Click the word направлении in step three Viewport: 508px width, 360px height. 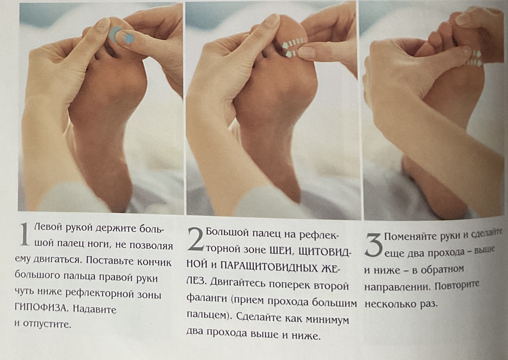coord(396,286)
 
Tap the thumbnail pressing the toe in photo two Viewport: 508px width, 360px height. coord(306,53)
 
